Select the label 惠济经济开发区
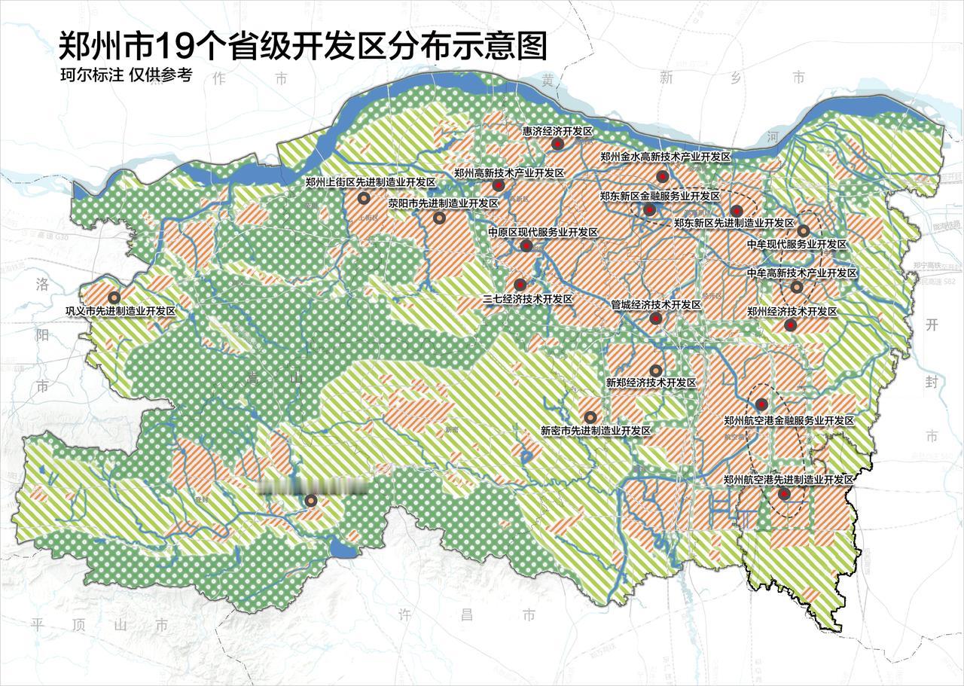point(558,131)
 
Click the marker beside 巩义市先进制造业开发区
point(114,298)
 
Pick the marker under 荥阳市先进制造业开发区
point(439,218)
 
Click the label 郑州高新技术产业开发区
point(509,172)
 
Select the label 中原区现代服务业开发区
point(543,233)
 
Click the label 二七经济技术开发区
point(527,299)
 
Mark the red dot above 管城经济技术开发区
point(656,319)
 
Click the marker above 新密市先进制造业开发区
point(590,417)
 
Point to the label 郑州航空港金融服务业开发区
point(789,421)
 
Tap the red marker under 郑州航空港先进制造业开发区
point(784,494)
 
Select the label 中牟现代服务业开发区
point(797,245)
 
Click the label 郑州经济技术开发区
point(792,311)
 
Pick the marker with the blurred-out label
point(311,501)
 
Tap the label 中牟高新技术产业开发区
point(801,273)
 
